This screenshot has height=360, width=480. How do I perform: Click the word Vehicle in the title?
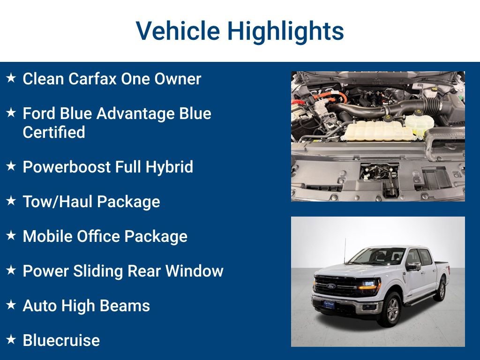coord(178,31)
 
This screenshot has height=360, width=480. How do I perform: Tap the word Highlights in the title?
coord(285,31)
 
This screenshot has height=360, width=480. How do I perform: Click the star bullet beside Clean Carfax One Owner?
coord(11,78)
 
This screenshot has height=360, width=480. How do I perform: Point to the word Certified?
coord(54,132)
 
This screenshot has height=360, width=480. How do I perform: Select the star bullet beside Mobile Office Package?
coord(11,235)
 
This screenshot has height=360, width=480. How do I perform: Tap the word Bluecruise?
coord(61,340)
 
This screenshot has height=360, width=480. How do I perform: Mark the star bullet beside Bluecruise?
coord(11,339)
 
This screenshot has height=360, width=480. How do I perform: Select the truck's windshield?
coord(377,256)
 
